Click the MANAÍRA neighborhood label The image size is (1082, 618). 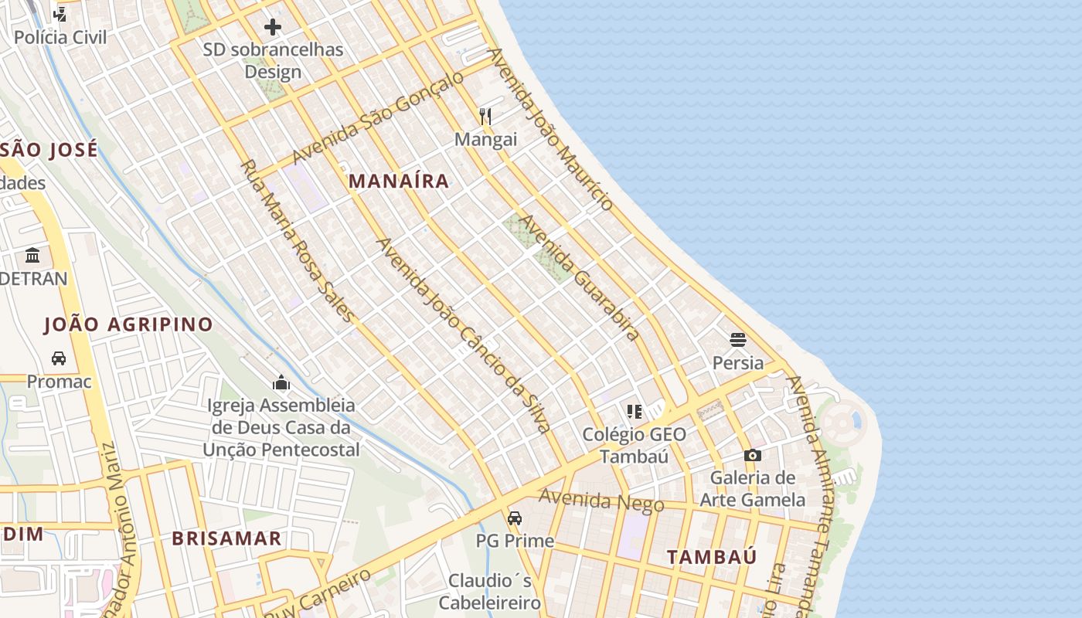pos(399,182)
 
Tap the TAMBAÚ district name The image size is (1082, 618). pos(712,557)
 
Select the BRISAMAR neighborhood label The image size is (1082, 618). pos(226,538)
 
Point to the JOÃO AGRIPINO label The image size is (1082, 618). pos(128,324)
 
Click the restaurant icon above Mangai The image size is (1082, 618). pos(485,117)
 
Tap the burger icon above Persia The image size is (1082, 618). pos(737,339)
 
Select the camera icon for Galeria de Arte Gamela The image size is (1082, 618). pos(752,455)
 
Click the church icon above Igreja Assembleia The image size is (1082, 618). pos(281,382)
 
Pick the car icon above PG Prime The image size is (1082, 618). pos(515,518)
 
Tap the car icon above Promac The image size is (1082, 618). pos(59,358)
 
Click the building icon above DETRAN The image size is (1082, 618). pos(32,255)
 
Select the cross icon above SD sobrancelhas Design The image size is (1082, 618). pos(273,28)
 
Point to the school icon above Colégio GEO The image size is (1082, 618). pos(635,411)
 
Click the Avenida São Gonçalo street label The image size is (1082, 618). pos(378,117)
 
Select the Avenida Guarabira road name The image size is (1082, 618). pos(579,277)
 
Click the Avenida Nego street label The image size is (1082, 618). pos(601,501)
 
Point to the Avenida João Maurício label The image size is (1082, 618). pos(551,129)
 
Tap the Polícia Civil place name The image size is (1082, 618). pos(60,37)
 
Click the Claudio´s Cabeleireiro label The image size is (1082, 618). pos(489,591)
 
